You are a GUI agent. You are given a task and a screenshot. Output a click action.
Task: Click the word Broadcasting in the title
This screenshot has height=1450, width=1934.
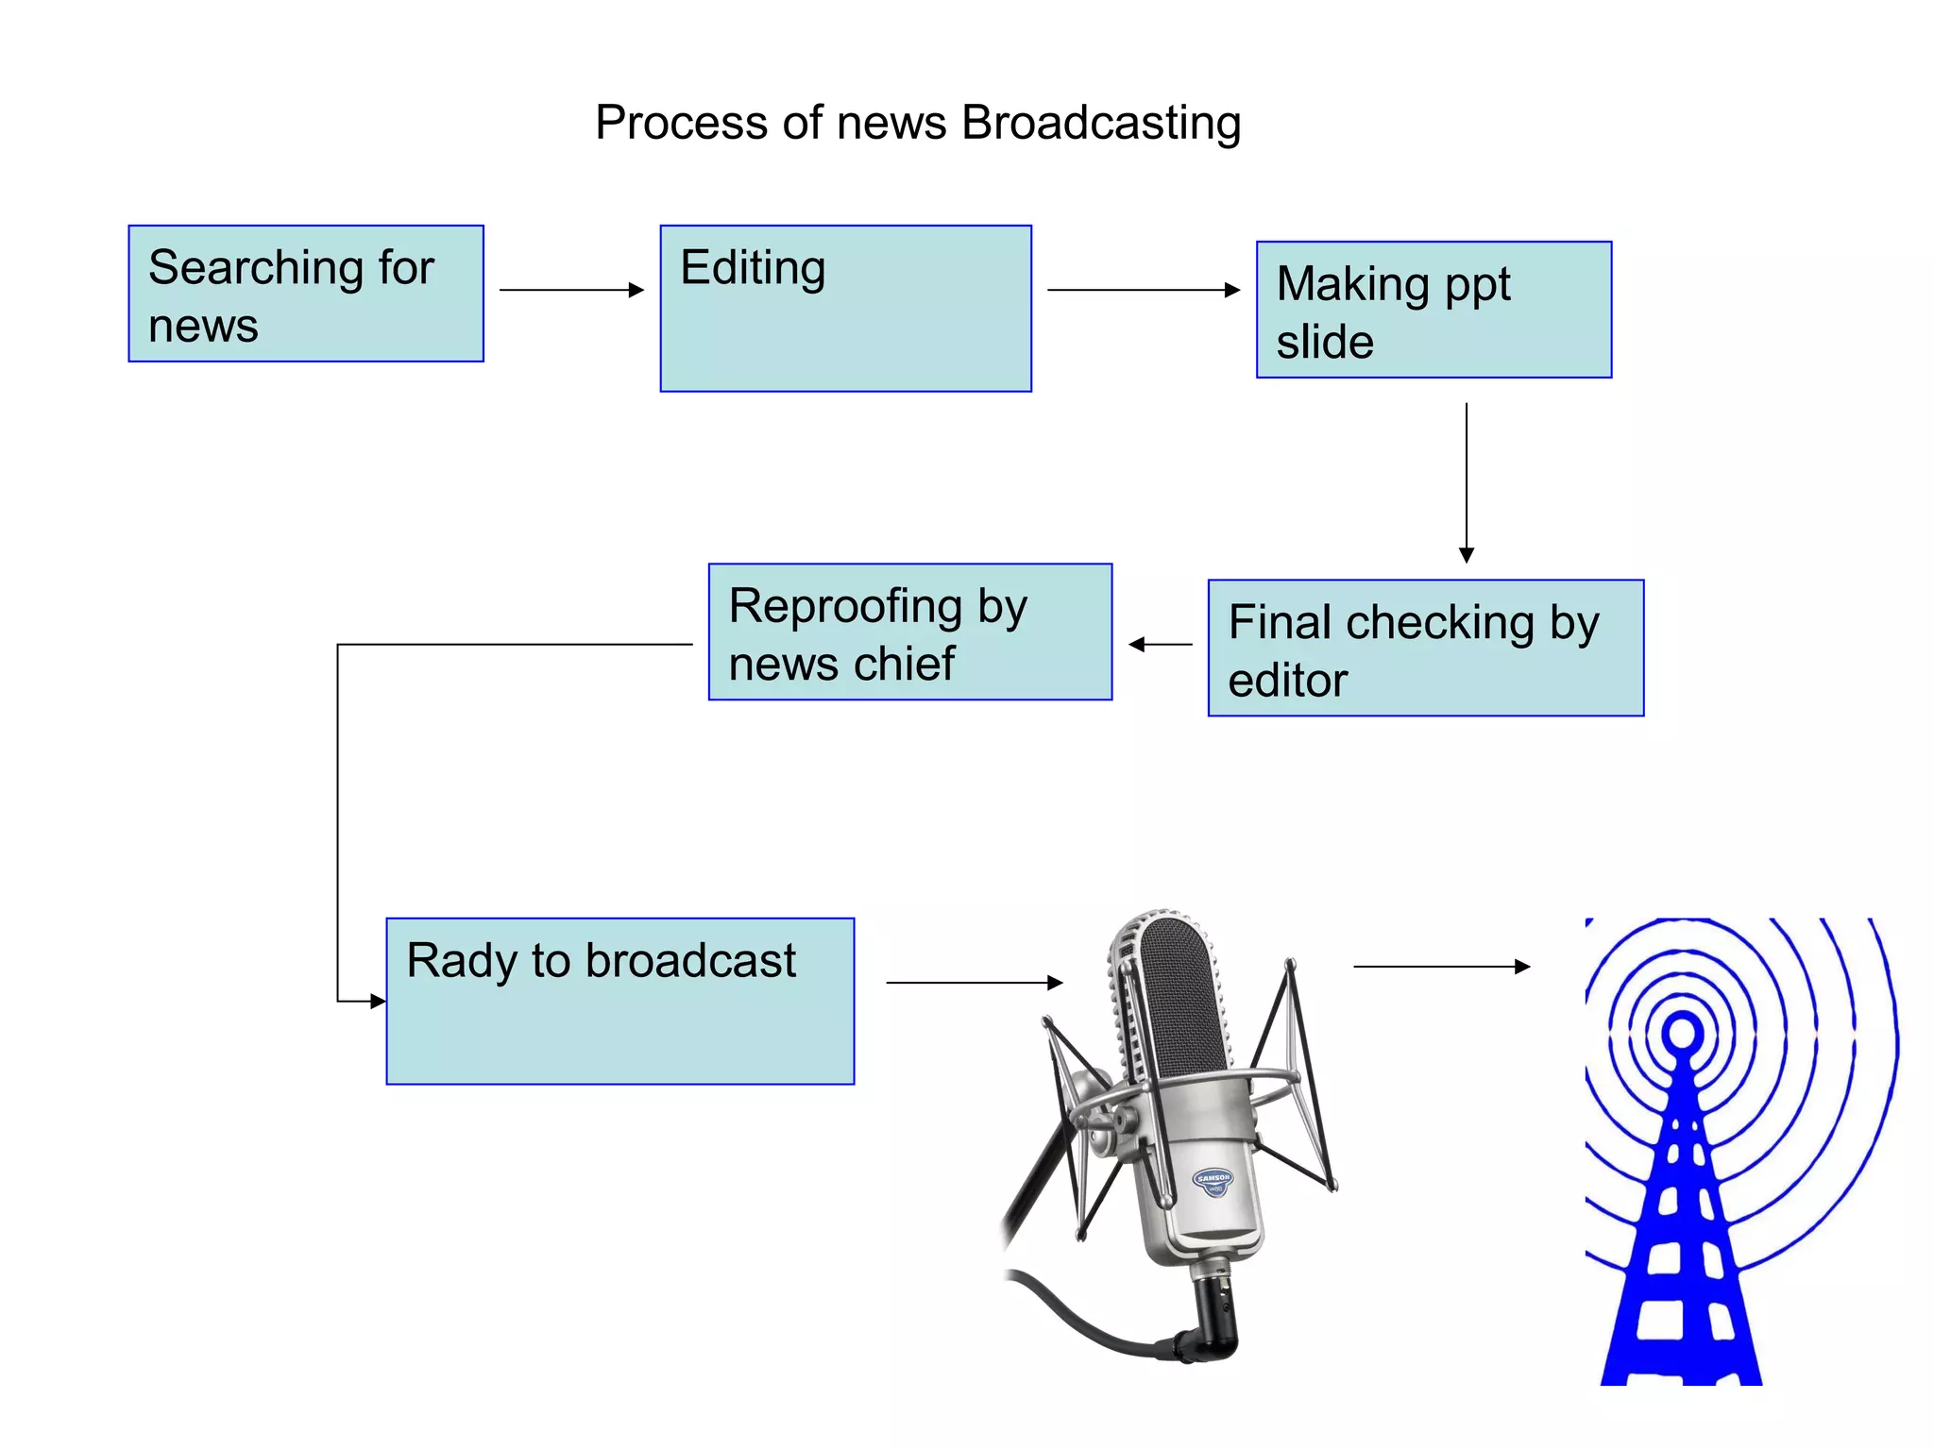pos(1100,123)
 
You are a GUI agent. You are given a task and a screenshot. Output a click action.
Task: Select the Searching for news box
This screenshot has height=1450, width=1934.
pos(305,294)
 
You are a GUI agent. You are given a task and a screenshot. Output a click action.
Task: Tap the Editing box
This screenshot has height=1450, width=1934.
pos(845,309)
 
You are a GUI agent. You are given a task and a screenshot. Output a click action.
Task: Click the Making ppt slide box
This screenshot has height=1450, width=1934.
pos(1433,311)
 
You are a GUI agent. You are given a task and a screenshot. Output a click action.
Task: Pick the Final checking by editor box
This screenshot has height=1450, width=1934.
pos(1425,649)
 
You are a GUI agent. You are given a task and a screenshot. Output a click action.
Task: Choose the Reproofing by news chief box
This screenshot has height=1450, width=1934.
pos(909,632)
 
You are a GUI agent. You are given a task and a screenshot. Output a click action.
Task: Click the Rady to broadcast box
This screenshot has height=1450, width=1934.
pos(619,1002)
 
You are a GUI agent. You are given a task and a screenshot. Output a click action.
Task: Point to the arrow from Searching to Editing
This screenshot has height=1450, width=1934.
pos(570,290)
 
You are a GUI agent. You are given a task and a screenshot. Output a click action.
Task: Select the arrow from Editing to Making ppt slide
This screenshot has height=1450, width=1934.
pos(1143,290)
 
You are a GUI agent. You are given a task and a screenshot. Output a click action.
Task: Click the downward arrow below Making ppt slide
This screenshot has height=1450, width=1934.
pos(1466,481)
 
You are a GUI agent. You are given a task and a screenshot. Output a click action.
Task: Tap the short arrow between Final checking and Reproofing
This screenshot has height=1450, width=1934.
pos(1161,645)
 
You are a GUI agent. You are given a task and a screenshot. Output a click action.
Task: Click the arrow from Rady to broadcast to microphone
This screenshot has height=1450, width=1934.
pos(974,983)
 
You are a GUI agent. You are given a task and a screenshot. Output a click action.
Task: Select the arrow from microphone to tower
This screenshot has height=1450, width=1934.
pos(1441,967)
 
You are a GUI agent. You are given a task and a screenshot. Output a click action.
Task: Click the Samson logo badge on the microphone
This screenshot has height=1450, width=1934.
pos(1213,1181)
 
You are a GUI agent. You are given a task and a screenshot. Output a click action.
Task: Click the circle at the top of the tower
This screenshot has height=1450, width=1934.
pos(1682,1032)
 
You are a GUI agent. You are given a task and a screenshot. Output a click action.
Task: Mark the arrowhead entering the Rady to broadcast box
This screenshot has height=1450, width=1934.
pos(378,1001)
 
